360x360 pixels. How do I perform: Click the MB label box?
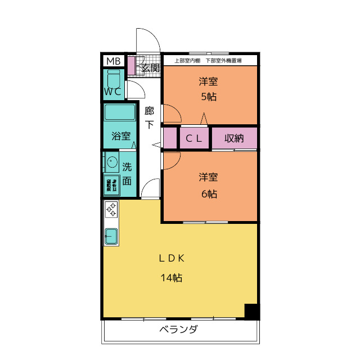coord(114,61)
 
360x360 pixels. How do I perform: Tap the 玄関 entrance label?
coord(149,68)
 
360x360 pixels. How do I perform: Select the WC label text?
coord(113,91)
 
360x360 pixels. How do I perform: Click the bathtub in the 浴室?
coord(120,112)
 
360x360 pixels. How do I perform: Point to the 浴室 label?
coord(120,136)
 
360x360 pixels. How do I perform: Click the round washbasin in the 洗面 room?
coord(110,163)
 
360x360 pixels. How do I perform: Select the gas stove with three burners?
coord(111,210)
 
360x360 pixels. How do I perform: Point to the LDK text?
coord(172,259)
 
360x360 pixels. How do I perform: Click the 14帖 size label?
coord(172,277)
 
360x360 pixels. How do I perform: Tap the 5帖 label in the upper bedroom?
coord(209,96)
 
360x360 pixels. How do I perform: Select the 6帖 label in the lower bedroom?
coord(209,194)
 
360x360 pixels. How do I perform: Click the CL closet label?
coord(194,138)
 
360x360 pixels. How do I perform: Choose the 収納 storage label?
coord(233,138)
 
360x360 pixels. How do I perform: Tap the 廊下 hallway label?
coord(149,118)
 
